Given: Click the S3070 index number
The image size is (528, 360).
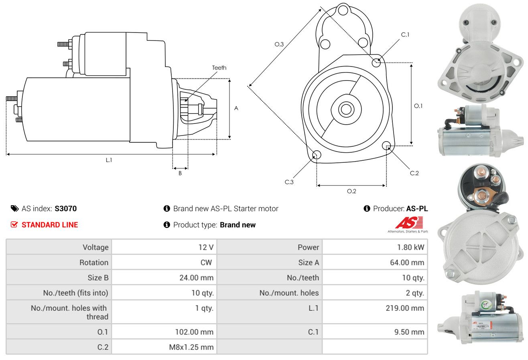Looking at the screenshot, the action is click(65, 208).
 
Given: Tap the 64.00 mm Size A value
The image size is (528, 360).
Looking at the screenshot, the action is click(407, 262).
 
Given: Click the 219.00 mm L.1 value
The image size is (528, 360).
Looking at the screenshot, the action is click(405, 308).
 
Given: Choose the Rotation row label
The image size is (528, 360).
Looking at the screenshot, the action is click(94, 262).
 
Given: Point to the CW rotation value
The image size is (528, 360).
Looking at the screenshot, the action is click(206, 262).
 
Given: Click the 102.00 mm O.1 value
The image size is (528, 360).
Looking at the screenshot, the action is click(194, 332).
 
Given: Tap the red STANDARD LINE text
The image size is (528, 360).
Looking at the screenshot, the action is click(50, 225).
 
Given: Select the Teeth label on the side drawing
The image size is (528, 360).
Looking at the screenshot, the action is click(219, 68).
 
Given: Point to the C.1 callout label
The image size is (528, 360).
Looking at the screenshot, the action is click(405, 34).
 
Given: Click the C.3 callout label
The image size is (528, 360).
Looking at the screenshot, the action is click(289, 182).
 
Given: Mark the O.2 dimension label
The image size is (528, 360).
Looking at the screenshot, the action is click(351, 191).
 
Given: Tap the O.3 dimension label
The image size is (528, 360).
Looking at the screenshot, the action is click(279, 44).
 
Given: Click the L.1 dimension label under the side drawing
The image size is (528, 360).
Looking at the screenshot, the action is click(109, 160).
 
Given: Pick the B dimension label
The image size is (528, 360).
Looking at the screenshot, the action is click(180, 173).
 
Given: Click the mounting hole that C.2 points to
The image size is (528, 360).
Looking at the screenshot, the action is click(386, 146).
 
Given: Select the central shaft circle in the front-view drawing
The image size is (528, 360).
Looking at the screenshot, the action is click(346, 109).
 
